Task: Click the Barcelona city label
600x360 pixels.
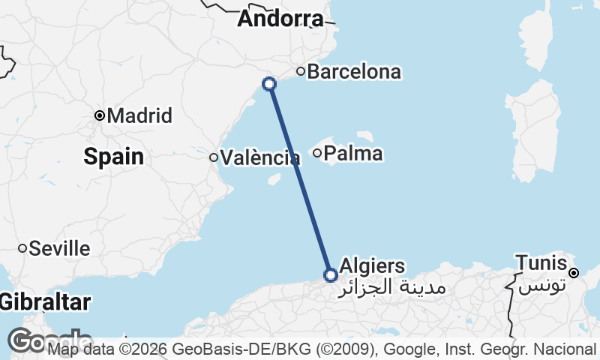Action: click(354, 73)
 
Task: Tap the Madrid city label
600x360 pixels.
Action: click(140, 116)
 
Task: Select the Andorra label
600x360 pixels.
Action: click(280, 19)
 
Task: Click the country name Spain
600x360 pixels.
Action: click(113, 157)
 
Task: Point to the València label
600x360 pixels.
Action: click(260, 158)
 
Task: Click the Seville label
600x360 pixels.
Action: click(59, 248)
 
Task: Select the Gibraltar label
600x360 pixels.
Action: click(45, 302)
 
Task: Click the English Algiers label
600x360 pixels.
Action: click(372, 265)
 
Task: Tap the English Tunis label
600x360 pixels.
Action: click(540, 262)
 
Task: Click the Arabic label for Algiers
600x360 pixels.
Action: click(393, 287)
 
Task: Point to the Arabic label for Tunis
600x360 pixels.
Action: click(541, 286)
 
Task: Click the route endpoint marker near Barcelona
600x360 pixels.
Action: click(269, 84)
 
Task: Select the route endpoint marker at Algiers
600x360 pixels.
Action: click(330, 275)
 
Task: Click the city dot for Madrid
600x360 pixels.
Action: click(100, 115)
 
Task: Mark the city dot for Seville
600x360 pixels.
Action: click(22, 248)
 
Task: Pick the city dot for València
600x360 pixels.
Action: click(214, 157)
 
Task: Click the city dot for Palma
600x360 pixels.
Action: click(317, 154)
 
